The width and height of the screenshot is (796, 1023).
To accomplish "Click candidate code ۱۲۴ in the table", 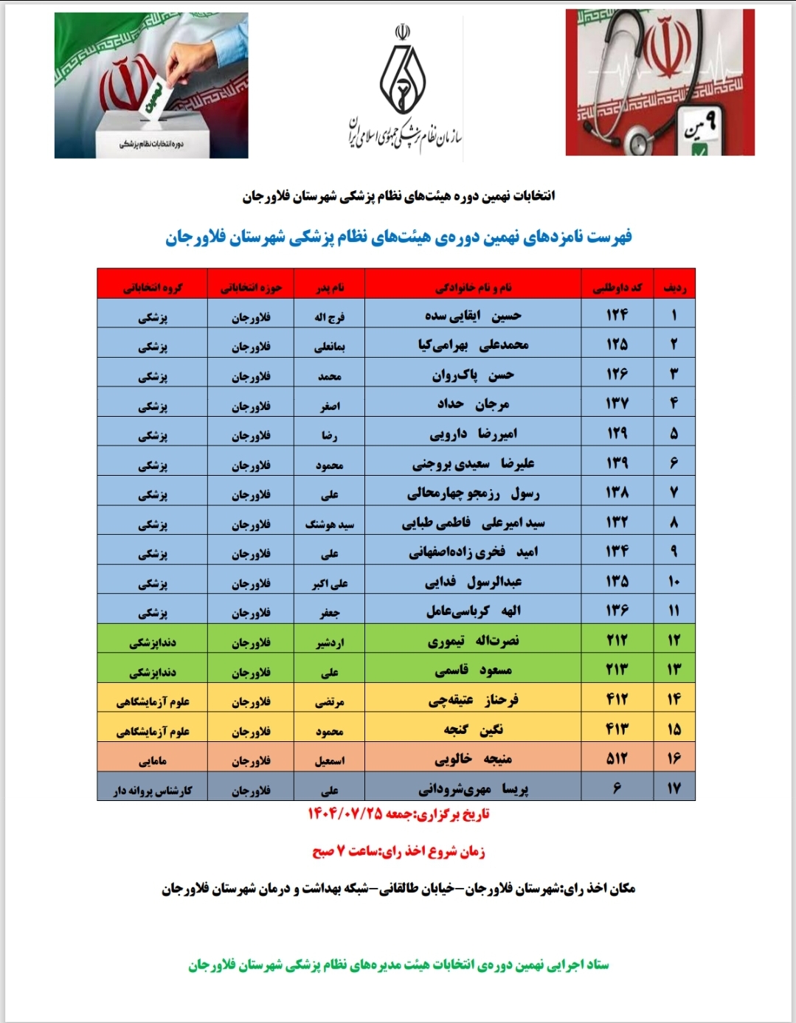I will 617,316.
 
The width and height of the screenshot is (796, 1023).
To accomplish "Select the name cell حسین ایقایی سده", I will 473,316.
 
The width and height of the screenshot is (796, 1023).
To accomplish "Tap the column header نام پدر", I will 329,287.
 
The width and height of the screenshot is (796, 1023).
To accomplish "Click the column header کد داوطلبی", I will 617,287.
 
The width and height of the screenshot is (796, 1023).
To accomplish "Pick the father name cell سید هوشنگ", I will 329,524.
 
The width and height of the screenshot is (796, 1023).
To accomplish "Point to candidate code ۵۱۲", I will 617,759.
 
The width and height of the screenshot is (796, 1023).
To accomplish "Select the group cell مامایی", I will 153,760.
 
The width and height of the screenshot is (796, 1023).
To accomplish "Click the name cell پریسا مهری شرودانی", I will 473,789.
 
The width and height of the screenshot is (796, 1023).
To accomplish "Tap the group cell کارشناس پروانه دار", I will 153,790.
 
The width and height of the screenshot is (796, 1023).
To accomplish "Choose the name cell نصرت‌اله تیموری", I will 473,641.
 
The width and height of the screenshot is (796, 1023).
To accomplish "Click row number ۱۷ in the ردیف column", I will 674,788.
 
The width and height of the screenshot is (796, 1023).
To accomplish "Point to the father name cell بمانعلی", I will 329,346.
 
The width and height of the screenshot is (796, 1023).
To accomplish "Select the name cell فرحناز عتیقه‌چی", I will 473,700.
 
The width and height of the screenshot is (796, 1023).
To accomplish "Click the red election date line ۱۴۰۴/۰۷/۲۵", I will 398,814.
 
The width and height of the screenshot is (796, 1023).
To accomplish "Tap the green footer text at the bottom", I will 398,965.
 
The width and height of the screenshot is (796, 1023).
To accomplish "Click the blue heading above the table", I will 398,237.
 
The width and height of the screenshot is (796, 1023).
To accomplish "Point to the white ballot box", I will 151,133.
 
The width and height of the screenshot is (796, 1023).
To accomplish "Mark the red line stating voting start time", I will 398,851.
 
